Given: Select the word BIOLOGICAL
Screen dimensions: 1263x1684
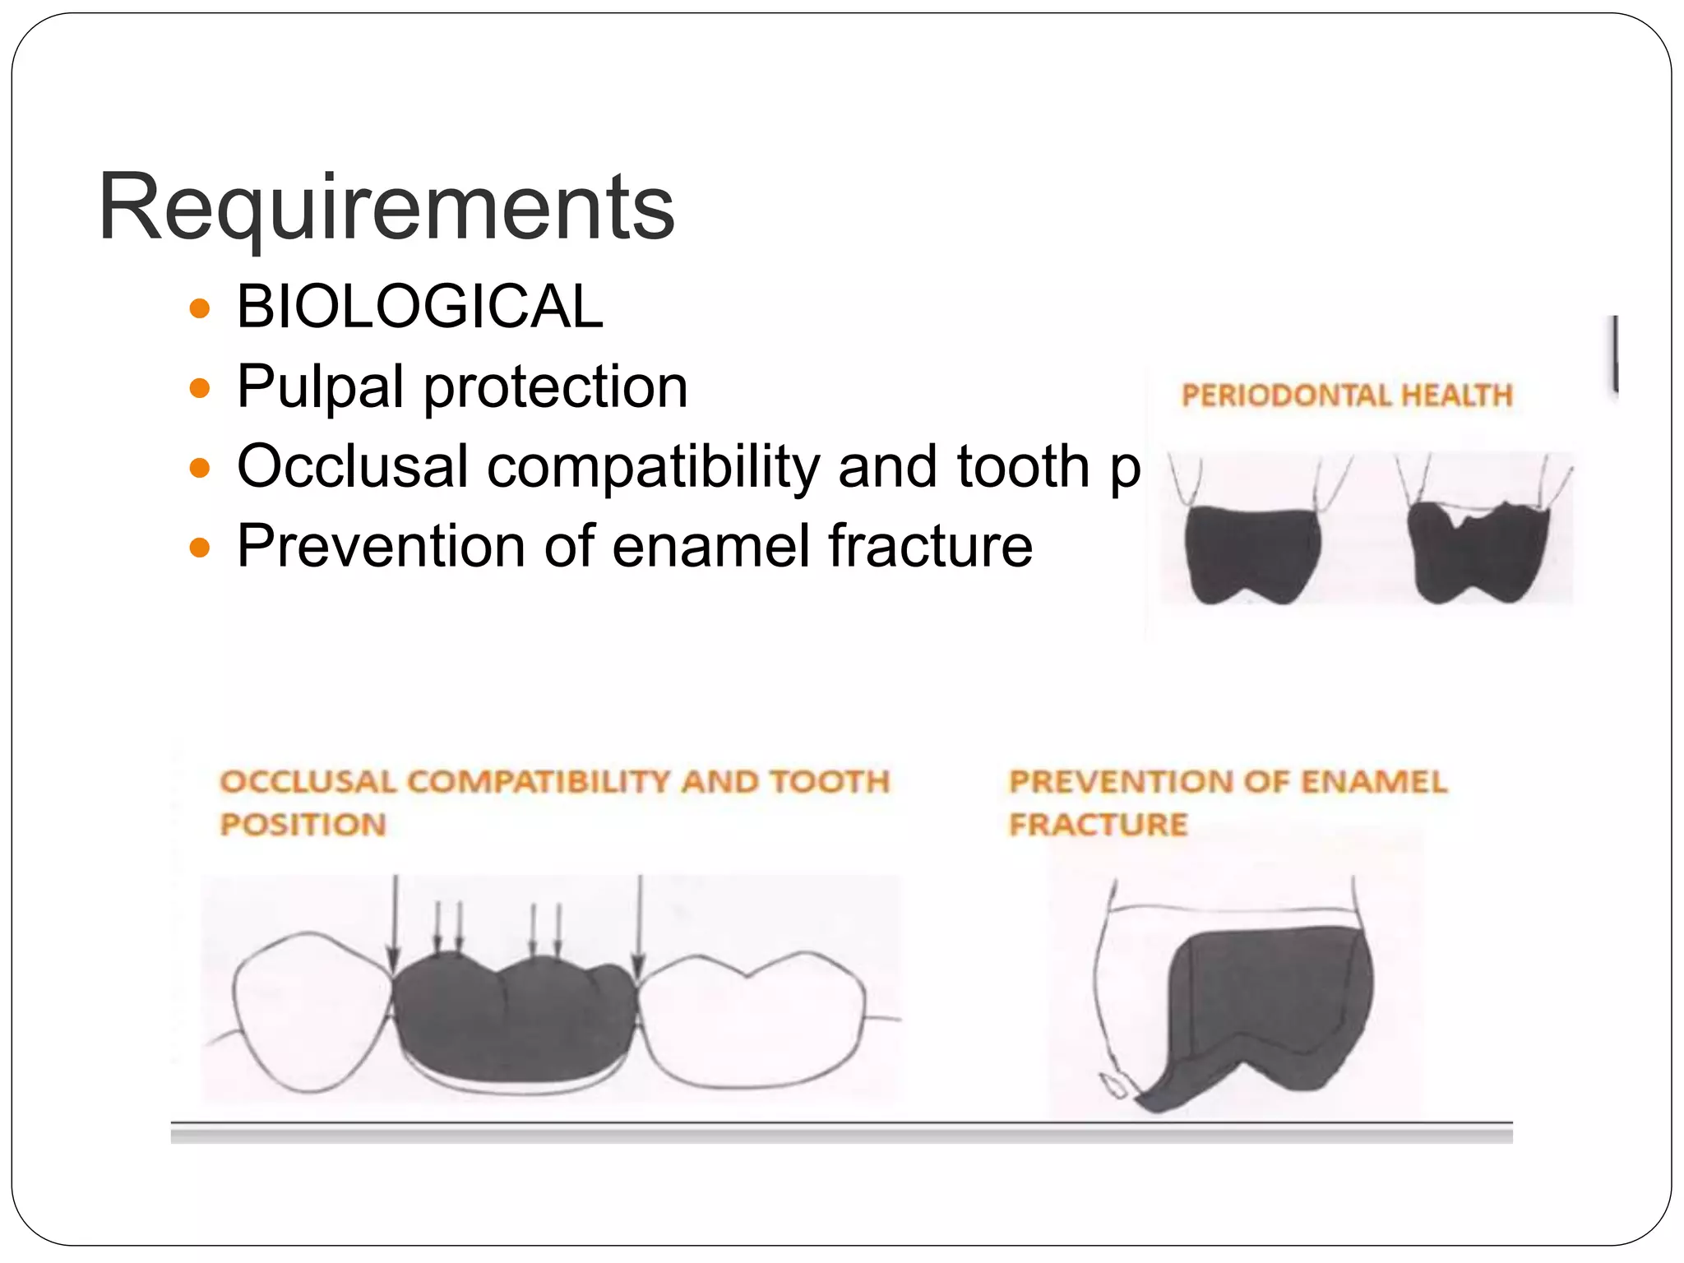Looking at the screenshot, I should click(419, 307).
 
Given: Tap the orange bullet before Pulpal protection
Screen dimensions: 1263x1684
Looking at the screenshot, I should click(199, 387).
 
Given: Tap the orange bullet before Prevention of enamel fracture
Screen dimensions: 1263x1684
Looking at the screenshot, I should click(199, 547).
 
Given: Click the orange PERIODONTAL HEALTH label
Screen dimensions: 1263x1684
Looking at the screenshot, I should click(1347, 396).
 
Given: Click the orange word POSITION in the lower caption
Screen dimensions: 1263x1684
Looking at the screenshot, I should click(303, 825).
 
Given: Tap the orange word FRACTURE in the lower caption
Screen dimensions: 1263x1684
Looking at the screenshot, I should click(1099, 825).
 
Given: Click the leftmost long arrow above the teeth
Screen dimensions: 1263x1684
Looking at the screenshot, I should click(395, 921).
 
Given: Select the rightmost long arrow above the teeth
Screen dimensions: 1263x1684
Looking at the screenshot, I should click(639, 921).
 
